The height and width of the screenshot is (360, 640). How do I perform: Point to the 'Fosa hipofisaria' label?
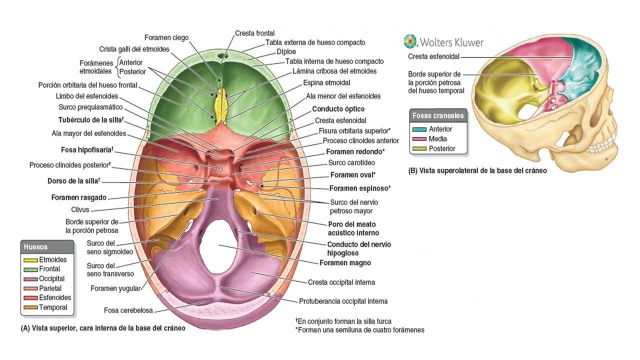(x=86, y=149)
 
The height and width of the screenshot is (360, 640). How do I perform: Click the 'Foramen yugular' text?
(x=115, y=288)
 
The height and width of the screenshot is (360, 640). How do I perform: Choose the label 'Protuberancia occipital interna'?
(x=343, y=301)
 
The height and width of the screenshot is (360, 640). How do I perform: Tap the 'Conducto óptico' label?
(x=338, y=109)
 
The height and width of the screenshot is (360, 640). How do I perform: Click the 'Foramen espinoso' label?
(x=359, y=188)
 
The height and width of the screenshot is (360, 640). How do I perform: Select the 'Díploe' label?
(x=286, y=51)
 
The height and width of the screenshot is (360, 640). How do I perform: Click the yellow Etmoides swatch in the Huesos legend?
(x=30, y=260)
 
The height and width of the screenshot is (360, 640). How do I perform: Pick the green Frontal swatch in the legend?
(x=30, y=269)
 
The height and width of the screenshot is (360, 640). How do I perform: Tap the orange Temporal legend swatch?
(x=30, y=307)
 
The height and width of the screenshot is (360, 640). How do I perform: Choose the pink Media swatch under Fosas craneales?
(x=419, y=139)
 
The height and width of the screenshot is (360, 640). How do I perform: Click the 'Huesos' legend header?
(x=36, y=247)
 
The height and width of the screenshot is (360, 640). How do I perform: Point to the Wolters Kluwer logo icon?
(x=410, y=41)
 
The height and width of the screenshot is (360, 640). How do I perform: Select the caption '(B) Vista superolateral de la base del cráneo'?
(x=477, y=170)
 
